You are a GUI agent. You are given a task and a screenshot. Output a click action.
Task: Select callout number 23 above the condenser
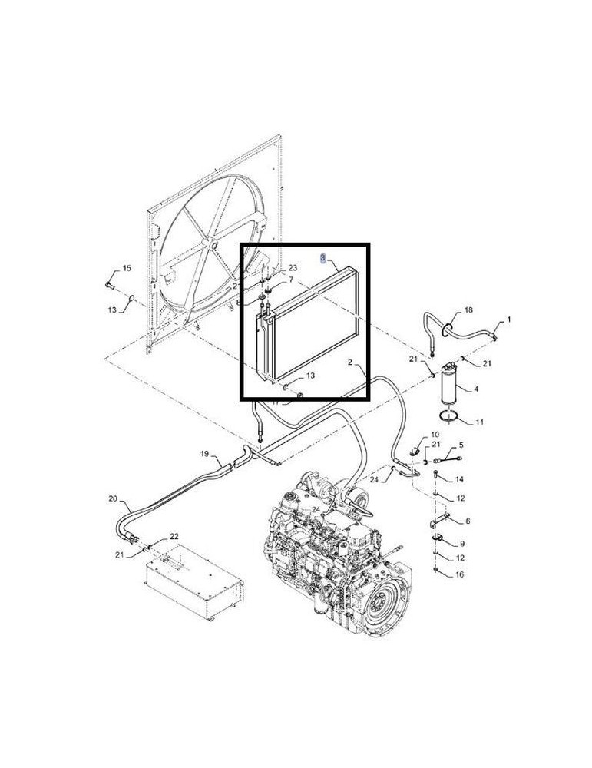pyautogui.click(x=293, y=267)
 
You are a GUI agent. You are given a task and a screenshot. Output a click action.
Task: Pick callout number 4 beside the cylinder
pyautogui.click(x=475, y=389)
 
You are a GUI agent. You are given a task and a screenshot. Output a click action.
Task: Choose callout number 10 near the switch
pyautogui.click(x=435, y=435)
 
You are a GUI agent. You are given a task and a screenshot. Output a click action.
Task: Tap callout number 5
pyautogui.click(x=461, y=445)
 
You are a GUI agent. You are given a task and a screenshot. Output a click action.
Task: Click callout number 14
pyautogui.click(x=460, y=479)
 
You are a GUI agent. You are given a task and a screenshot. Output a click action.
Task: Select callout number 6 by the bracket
pyautogui.click(x=468, y=521)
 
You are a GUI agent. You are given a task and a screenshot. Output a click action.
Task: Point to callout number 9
pyautogui.click(x=461, y=544)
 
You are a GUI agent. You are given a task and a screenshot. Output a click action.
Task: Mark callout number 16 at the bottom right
pyautogui.click(x=459, y=574)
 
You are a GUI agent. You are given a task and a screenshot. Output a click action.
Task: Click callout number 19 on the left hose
pyautogui.click(x=205, y=454)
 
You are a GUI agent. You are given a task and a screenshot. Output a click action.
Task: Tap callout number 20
pyautogui.click(x=113, y=498)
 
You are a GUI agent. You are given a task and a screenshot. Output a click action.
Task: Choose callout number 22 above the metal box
pyautogui.click(x=174, y=535)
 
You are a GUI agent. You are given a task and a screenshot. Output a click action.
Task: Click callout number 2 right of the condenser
pyautogui.click(x=349, y=361)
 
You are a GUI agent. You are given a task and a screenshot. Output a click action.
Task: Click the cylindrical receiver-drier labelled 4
pyautogui.click(x=450, y=390)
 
